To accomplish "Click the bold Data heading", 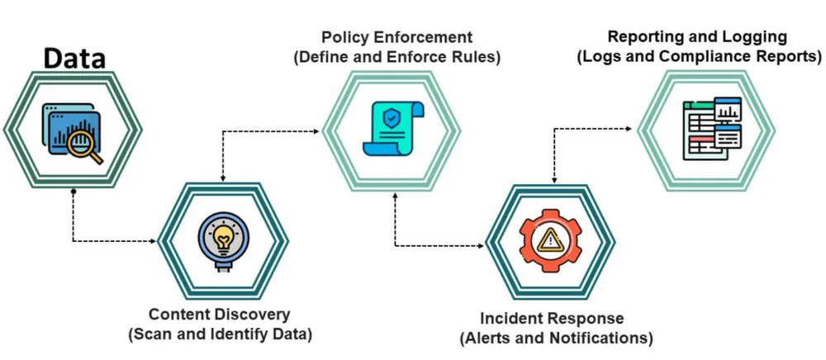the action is tap(74, 59).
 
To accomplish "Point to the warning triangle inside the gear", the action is tap(550, 241).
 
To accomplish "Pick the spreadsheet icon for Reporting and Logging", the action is tap(712, 129).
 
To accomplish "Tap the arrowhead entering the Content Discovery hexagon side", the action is tap(154, 242).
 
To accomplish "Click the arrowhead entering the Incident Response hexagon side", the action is tap(481, 245).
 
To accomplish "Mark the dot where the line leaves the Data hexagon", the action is tap(74, 191).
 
